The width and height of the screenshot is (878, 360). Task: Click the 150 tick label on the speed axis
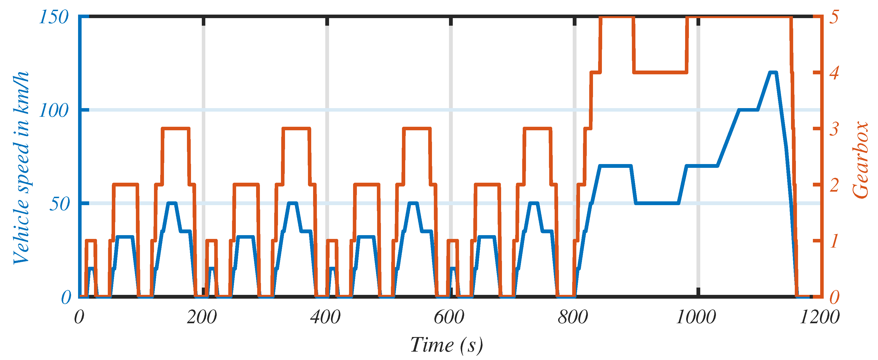54,17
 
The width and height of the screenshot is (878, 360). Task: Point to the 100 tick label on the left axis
54,111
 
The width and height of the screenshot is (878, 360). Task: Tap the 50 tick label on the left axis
59,204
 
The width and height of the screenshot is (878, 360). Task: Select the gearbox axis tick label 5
834,17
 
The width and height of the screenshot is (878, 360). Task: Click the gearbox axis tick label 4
834,73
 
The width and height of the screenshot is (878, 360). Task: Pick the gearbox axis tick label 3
834,129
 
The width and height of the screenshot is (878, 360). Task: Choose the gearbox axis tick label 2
834,185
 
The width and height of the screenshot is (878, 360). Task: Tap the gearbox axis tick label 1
834,241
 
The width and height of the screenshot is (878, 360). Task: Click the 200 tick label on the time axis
202,317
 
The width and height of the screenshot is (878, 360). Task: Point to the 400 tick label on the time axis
326,317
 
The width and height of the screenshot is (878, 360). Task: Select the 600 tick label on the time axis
449,317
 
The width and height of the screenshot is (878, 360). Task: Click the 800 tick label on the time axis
573,317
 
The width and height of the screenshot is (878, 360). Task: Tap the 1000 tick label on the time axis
696,317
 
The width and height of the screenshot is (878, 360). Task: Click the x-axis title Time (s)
447,345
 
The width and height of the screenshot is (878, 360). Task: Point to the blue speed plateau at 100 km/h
748,110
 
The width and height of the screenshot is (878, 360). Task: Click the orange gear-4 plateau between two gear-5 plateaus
660,72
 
